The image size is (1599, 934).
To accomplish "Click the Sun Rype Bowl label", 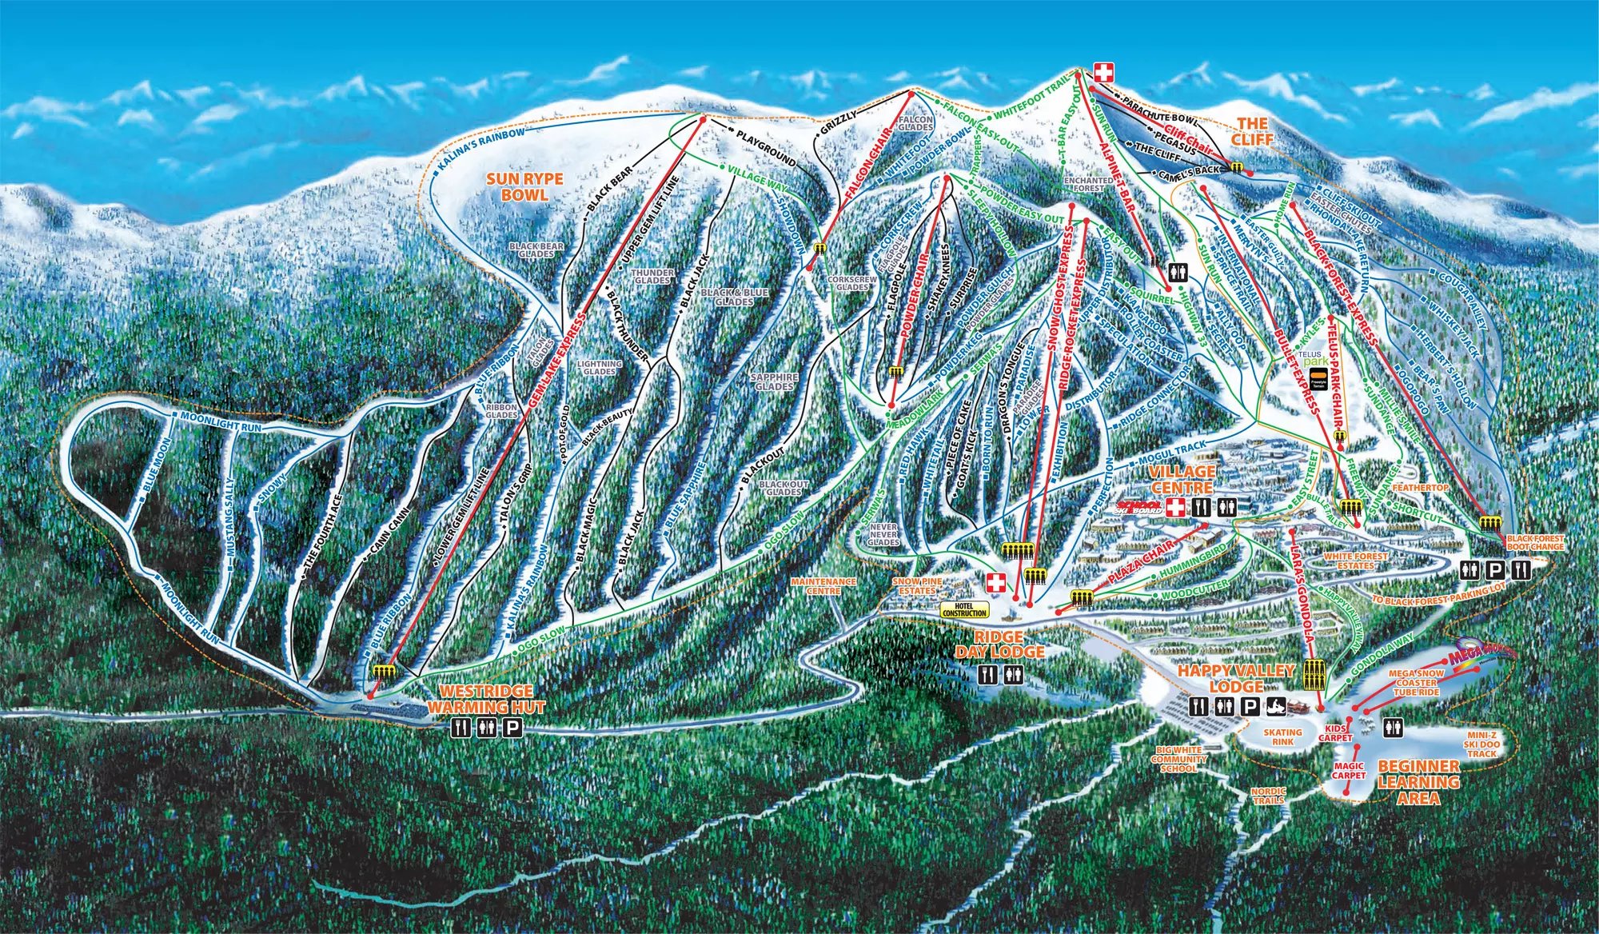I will coord(524,187).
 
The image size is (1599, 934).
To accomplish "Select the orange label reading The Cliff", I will coord(1252,130).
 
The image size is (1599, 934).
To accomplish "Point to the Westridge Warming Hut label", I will coord(485,699).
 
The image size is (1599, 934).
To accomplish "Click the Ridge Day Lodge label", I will coord(999,644).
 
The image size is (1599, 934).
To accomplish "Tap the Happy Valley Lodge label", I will coord(1235,678).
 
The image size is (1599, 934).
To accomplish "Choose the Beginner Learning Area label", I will coord(1418,782).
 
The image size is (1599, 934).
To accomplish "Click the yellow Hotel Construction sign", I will coord(964,610).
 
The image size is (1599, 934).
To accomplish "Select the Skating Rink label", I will coord(1282,736).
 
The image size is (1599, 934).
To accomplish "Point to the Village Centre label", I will coord(1182,479).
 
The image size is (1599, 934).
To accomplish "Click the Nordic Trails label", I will coord(1268,796).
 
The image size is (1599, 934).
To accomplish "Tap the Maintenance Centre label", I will coord(823,586).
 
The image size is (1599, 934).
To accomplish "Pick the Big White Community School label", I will coord(1179,760).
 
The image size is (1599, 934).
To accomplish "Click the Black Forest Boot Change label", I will coord(1535,542).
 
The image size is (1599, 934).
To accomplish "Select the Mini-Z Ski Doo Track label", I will coord(1481,744).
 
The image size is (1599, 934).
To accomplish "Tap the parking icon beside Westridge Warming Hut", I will coord(512,728).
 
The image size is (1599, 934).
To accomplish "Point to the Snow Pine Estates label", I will coord(917,586).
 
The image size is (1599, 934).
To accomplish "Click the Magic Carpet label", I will coord(1348,770).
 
